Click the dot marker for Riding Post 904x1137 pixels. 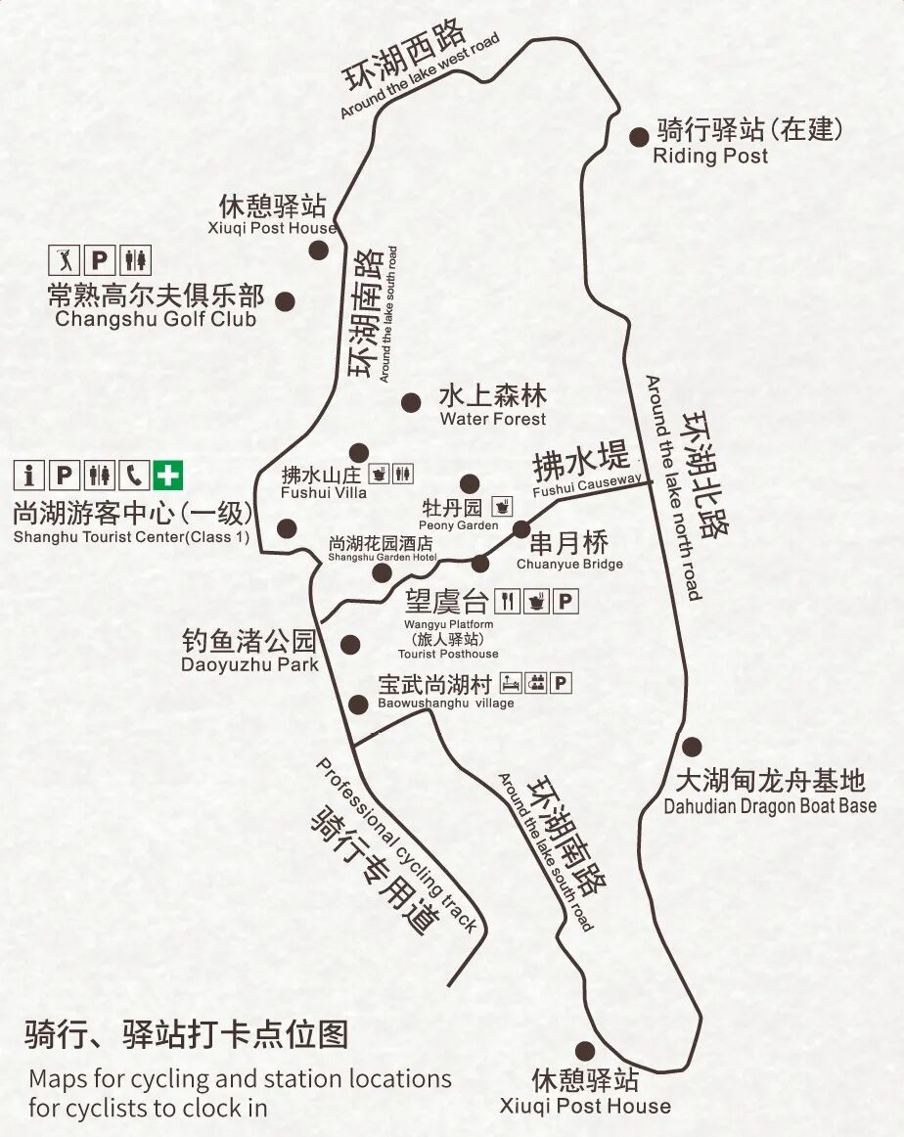[x=639, y=138]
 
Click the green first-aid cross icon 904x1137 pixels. [x=168, y=476]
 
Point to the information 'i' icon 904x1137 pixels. [x=29, y=476]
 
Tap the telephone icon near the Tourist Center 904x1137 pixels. [x=134, y=476]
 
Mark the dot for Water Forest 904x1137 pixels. [x=411, y=401]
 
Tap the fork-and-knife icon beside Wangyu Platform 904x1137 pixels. [x=507, y=601]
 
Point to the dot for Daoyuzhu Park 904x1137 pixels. [x=349, y=644]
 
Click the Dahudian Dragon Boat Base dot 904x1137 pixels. [x=692, y=747]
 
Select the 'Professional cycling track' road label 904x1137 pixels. [x=396, y=843]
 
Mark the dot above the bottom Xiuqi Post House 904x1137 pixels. [x=584, y=1052]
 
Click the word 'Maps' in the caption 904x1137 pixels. [x=58, y=1079]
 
